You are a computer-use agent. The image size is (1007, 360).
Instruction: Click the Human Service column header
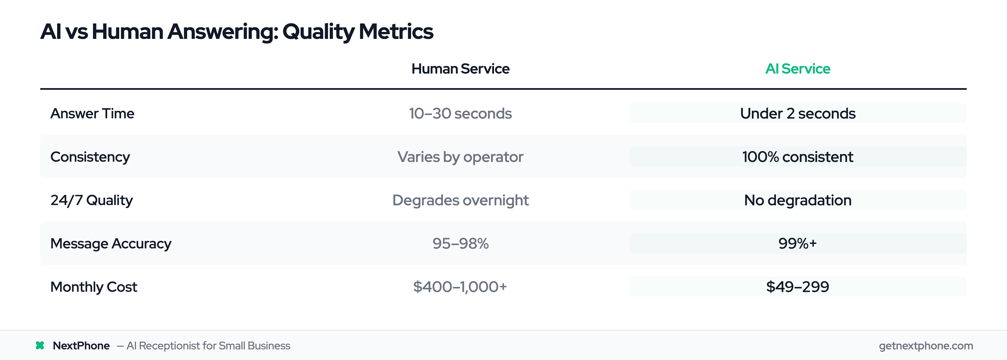click(460, 69)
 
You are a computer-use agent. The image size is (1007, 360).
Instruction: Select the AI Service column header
click(797, 69)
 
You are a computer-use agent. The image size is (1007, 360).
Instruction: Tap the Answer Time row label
click(92, 113)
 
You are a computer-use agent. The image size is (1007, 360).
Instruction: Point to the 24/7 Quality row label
click(91, 200)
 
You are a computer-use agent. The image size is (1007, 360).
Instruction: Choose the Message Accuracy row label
click(110, 244)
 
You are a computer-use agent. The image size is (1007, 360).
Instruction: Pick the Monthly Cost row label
click(93, 287)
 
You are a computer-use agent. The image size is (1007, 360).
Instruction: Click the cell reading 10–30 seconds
click(460, 113)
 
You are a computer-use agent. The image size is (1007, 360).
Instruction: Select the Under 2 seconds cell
click(797, 113)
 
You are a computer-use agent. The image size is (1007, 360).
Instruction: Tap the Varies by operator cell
click(460, 157)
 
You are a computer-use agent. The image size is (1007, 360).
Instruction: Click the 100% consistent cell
click(797, 157)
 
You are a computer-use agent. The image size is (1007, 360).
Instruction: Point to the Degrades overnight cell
click(460, 200)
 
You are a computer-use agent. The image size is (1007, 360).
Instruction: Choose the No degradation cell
click(797, 200)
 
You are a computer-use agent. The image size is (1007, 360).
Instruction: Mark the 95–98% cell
click(460, 244)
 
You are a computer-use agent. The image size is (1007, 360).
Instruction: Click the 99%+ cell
click(797, 244)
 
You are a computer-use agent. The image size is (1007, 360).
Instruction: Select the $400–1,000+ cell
click(460, 287)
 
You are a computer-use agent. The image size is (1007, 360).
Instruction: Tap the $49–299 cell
click(797, 287)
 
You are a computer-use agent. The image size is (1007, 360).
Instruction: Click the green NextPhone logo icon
click(40, 345)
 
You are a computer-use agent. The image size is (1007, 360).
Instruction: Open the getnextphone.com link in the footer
click(926, 345)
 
